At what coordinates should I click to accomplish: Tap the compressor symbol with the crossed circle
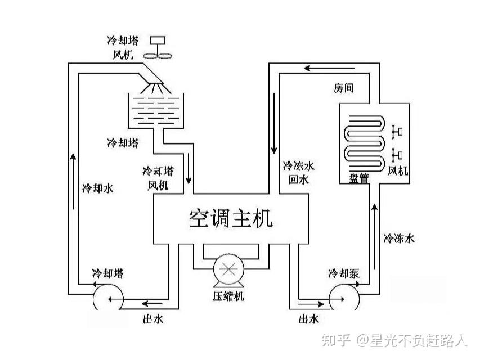click(x=228, y=268)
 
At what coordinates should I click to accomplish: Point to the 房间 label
click(x=344, y=89)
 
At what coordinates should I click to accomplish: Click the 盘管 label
click(x=358, y=178)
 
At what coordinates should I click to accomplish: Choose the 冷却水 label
click(x=97, y=188)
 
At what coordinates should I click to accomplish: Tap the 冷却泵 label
click(x=343, y=274)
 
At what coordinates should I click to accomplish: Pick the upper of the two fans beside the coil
click(x=396, y=131)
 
